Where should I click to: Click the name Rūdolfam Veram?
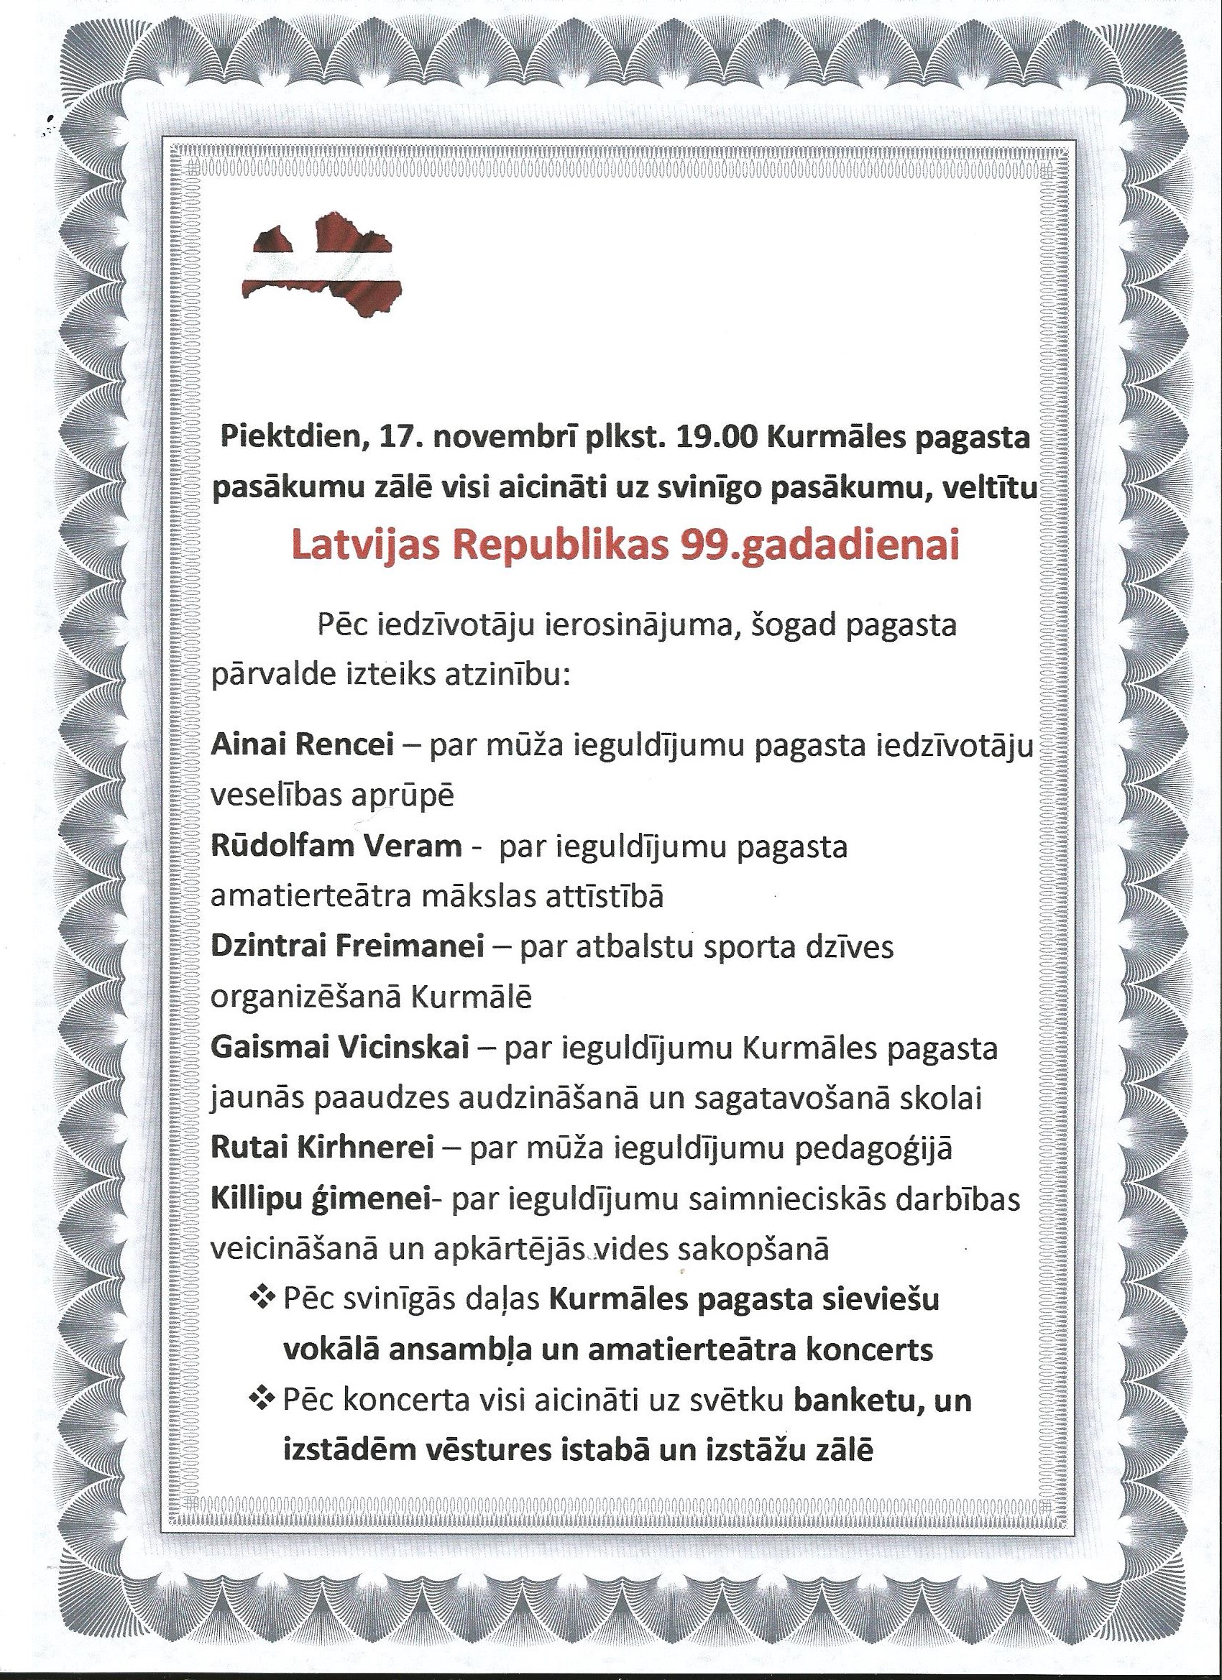336,846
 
